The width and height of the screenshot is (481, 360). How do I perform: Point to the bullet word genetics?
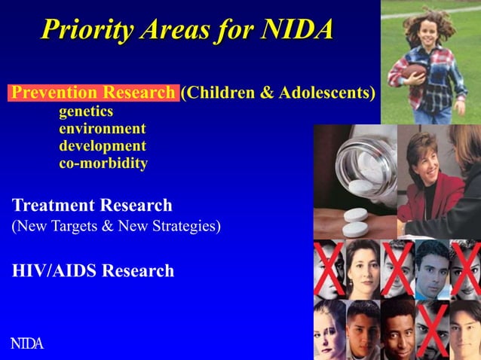click(x=86, y=111)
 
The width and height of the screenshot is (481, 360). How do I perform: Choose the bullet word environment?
click(x=103, y=129)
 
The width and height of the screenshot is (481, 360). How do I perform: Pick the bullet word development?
click(x=103, y=145)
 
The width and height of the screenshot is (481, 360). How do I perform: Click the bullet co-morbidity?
click(x=103, y=163)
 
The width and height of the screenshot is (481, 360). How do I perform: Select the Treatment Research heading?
click(x=92, y=205)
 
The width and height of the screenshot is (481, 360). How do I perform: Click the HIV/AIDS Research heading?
click(x=93, y=270)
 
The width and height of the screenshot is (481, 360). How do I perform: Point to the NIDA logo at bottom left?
click(x=26, y=344)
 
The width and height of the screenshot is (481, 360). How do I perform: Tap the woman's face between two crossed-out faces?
click(x=362, y=267)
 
